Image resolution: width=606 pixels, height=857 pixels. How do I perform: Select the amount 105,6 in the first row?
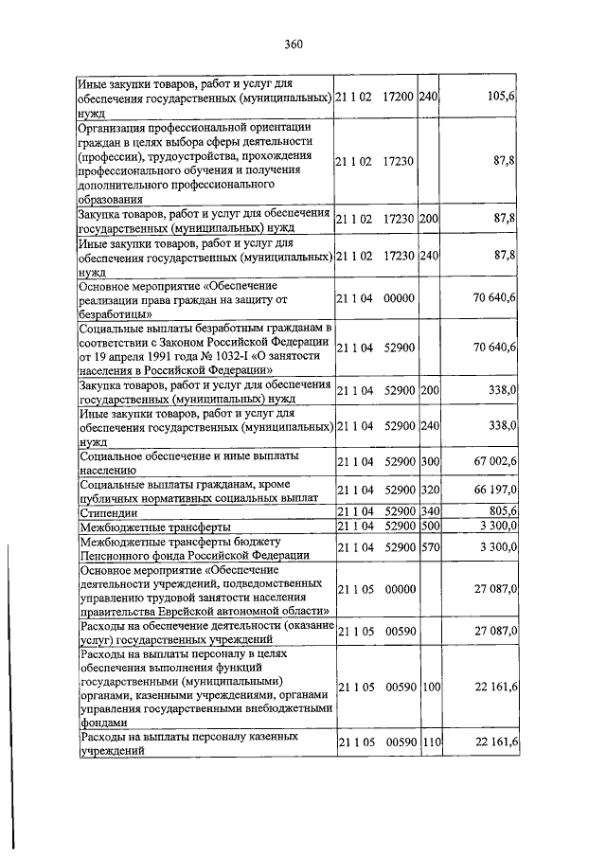(500, 97)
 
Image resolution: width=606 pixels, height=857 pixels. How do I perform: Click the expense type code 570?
(431, 547)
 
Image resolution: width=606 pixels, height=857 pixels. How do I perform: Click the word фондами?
(101, 721)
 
